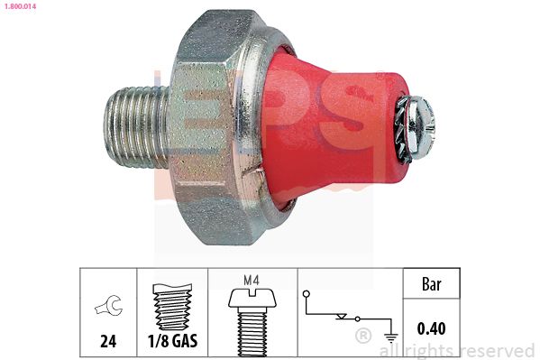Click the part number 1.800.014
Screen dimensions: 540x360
click(20, 6)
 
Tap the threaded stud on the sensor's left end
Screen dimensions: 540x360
click(136, 127)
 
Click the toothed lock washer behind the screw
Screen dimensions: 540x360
click(403, 129)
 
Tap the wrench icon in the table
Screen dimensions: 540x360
click(108, 305)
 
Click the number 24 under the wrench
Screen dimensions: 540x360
click(108, 341)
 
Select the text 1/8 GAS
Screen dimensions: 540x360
click(172, 341)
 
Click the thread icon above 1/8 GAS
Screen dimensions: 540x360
click(172, 306)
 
